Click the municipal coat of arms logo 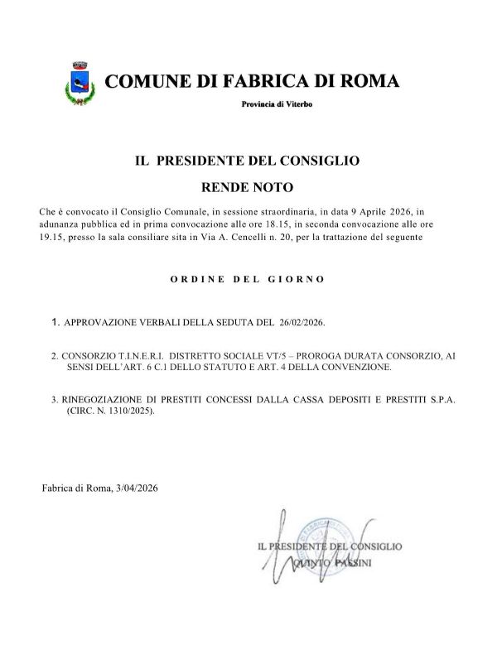pyautogui.click(x=80, y=83)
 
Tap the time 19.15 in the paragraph pyautogui.click(x=51, y=238)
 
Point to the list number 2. pyautogui.click(x=54, y=354)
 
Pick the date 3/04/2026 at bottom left pyautogui.click(x=131, y=488)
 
